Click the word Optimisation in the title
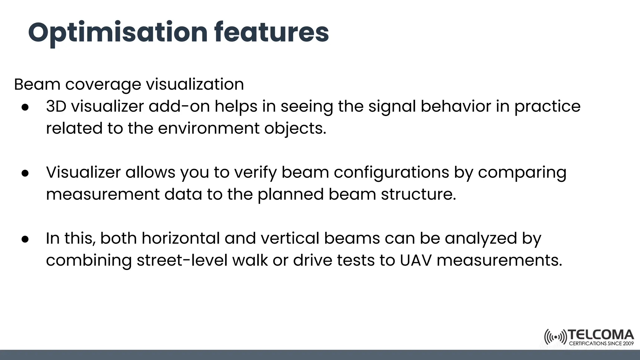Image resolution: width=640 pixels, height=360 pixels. [x=118, y=33]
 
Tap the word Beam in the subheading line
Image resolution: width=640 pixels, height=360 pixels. [x=37, y=84]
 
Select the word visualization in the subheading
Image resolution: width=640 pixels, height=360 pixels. [x=195, y=84]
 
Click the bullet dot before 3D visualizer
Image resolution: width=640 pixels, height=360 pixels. [x=25, y=107]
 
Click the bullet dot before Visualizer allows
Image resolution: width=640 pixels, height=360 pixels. [x=25, y=173]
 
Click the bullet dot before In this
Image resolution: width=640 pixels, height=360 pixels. [x=25, y=239]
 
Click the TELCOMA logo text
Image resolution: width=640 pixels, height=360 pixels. [x=601, y=335]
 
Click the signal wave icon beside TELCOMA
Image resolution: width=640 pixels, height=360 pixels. [x=555, y=337]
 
